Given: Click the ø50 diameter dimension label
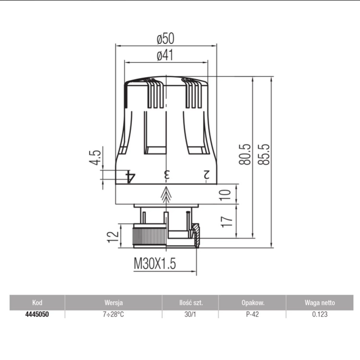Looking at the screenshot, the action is point(165,38).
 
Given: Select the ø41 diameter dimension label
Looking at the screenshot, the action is point(165,55).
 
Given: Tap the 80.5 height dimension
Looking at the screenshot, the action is point(245,155).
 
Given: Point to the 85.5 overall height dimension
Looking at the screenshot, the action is point(264,155).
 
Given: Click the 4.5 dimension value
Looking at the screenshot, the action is point(95,157).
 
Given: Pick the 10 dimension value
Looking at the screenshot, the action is point(226,195).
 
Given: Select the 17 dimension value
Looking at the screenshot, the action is point(227,222).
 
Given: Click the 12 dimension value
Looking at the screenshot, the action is point(113,237).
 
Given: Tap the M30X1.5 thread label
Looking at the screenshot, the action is point(155,264).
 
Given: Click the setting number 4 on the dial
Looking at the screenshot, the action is point(131,177).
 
